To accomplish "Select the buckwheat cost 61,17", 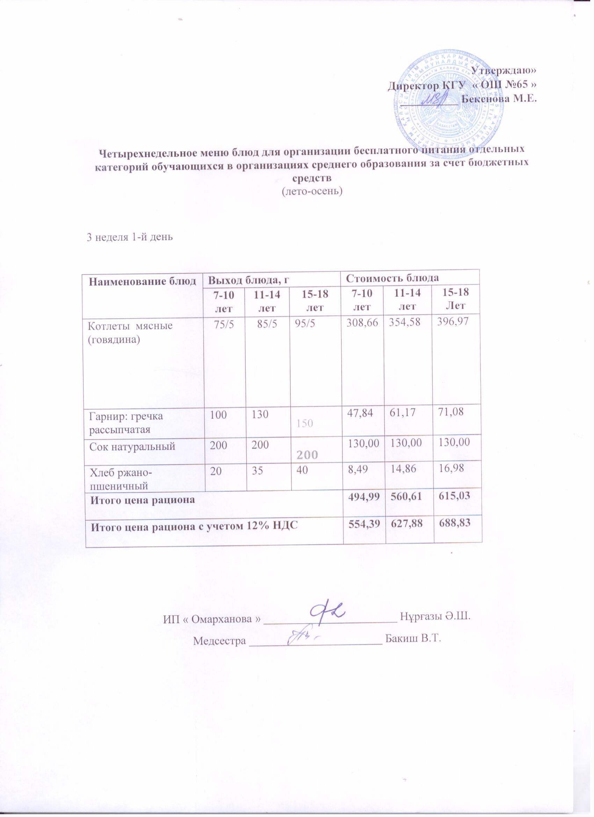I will pyautogui.click(x=406, y=416).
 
